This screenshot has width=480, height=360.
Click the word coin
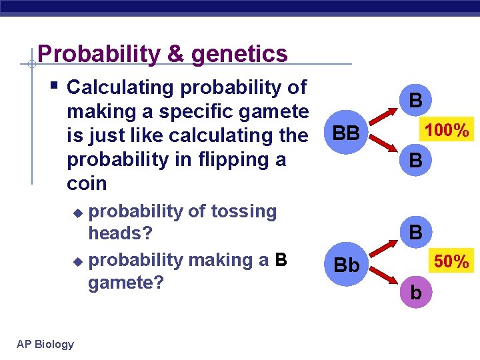pyautogui.click(x=87, y=183)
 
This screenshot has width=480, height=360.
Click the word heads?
pyautogui.click(x=121, y=234)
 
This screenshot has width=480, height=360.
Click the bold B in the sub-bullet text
pyautogui.click(x=281, y=259)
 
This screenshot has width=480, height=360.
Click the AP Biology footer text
pyautogui.click(x=46, y=344)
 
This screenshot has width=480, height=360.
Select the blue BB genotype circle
pyautogui.click(x=346, y=135)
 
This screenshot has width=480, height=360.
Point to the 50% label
pyautogui.click(x=453, y=262)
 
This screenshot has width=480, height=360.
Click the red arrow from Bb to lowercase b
pyautogui.click(x=383, y=279)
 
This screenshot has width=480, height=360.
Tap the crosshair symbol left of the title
pyautogui.click(x=31, y=65)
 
